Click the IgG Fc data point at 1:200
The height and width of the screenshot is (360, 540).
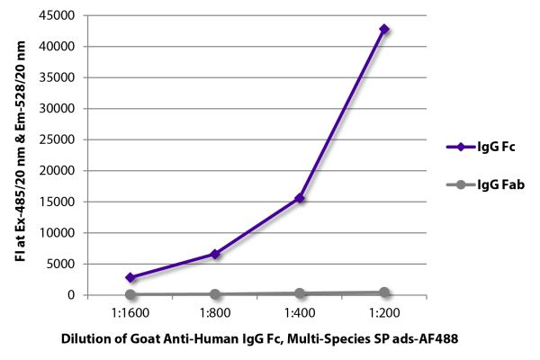[x=384, y=29]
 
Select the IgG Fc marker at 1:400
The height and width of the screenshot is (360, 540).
[x=300, y=198]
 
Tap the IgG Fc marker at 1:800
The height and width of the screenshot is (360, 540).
[x=215, y=254]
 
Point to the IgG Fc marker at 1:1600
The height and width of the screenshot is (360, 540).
[x=130, y=277]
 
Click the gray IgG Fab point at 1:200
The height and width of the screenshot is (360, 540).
[x=384, y=292]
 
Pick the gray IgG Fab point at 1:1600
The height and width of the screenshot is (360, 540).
[x=130, y=294]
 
